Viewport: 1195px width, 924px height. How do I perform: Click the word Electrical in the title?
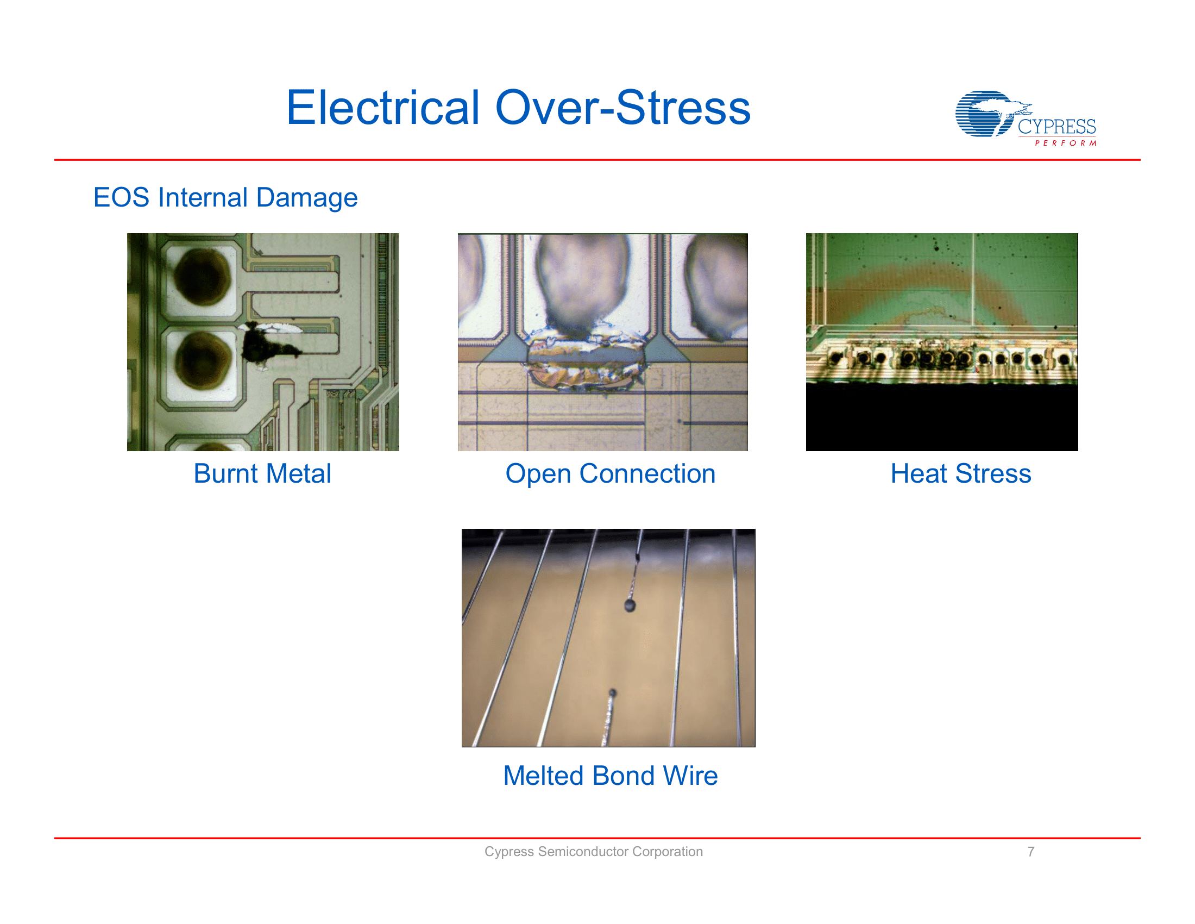pos(382,108)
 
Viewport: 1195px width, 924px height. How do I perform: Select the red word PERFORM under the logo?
pos(1065,143)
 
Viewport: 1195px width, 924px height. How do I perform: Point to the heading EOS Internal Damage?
pos(225,197)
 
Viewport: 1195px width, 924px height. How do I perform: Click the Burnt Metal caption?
pos(262,473)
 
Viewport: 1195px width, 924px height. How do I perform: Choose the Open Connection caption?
pos(609,473)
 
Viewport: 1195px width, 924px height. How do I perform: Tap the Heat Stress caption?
pos(960,473)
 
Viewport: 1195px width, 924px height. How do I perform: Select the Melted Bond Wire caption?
pos(609,776)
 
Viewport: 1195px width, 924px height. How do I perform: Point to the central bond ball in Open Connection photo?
pos(577,285)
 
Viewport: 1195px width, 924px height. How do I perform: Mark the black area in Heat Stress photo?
pos(941,419)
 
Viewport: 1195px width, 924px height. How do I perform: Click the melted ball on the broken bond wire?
pos(630,605)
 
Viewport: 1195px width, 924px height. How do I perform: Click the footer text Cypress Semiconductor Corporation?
pos(593,852)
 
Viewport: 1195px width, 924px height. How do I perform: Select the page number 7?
pos(1030,852)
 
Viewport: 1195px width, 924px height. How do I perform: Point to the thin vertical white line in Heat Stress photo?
pos(973,279)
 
